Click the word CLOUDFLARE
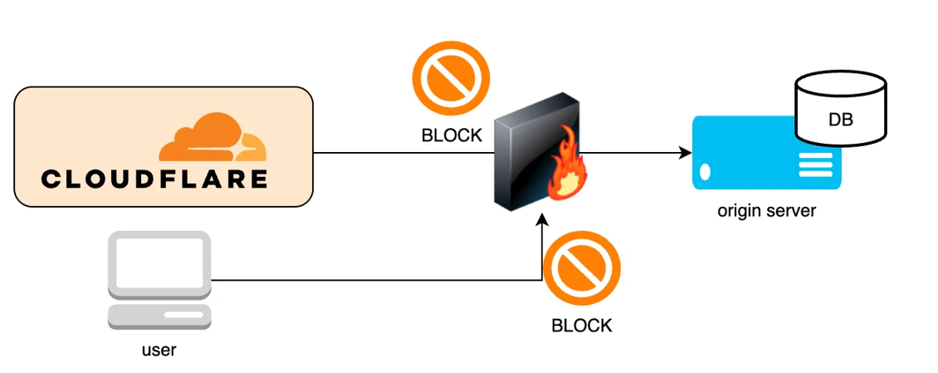pyautogui.click(x=154, y=179)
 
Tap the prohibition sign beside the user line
pyautogui.click(x=582, y=268)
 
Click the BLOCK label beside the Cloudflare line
pyautogui.click(x=452, y=135)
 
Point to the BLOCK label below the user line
pyautogui.click(x=582, y=326)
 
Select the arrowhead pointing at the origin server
pyautogui.click(x=686, y=153)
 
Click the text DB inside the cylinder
pyautogui.click(x=840, y=120)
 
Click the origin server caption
pyautogui.click(x=766, y=211)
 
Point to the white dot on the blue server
pyautogui.click(x=706, y=173)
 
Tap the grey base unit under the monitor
pyautogui.click(x=159, y=316)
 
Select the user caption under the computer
pyautogui.click(x=159, y=350)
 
